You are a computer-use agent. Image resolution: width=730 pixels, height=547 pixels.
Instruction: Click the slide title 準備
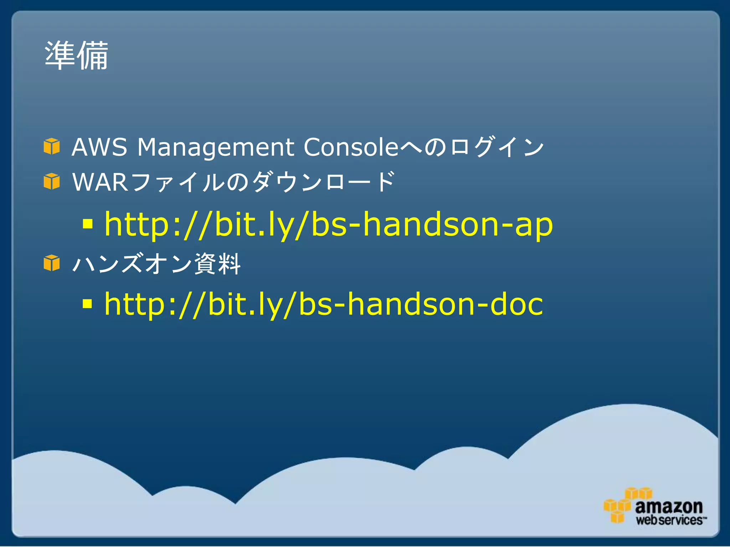pos(76,56)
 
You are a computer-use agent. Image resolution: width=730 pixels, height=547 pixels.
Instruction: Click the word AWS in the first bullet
pos(99,147)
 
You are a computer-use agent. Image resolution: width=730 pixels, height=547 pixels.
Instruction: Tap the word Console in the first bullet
pos(351,147)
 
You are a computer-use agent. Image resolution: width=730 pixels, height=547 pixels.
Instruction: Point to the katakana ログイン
pos(497,147)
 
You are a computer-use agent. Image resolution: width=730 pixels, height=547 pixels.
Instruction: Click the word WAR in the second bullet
pos(100,182)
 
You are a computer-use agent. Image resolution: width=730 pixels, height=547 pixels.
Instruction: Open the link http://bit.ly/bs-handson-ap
pos(328,225)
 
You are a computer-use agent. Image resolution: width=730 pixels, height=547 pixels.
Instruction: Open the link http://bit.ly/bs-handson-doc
pos(323,304)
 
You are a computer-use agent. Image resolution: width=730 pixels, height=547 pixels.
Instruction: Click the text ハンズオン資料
pos(156,264)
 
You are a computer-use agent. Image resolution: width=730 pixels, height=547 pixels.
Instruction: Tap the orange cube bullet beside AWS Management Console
pos(52,146)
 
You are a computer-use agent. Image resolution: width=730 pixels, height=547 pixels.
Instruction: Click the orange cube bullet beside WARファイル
pos(52,181)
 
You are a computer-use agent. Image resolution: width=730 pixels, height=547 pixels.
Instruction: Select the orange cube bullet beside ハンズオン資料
pos(52,263)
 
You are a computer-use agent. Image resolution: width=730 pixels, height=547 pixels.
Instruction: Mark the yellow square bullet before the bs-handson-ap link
pos(87,224)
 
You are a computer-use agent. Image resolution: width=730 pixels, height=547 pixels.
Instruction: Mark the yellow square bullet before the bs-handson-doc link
pos(87,303)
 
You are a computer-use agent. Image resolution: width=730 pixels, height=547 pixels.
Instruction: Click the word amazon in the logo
pos(669,506)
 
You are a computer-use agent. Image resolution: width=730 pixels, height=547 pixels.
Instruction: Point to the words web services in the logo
pos(669,520)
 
